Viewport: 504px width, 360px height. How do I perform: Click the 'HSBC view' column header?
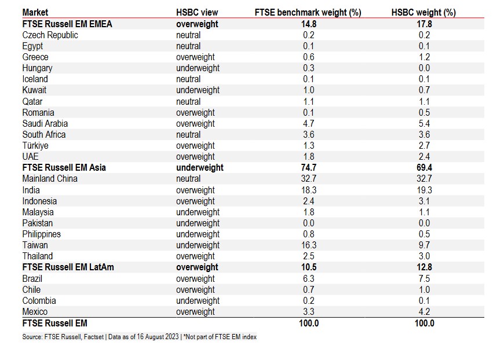(x=197, y=13)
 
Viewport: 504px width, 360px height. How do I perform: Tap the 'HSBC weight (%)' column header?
(x=424, y=13)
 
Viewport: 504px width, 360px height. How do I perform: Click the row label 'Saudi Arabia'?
(x=45, y=123)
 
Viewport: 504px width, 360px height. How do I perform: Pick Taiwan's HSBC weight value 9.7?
(x=424, y=245)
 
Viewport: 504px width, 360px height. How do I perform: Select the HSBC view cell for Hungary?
(x=198, y=68)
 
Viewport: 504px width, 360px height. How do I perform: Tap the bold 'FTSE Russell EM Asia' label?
(x=64, y=168)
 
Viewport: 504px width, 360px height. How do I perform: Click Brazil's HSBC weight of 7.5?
(x=424, y=278)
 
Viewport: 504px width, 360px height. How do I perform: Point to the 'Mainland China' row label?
(x=50, y=179)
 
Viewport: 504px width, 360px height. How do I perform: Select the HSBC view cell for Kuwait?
(x=198, y=90)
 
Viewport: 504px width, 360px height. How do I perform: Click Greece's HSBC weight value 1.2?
(x=424, y=57)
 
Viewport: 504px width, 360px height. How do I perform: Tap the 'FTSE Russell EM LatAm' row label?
(x=67, y=267)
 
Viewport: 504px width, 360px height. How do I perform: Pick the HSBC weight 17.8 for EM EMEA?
(x=424, y=24)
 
